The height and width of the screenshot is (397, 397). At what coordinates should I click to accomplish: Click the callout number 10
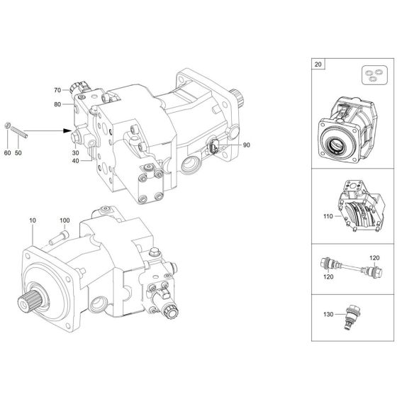pyautogui.click(x=33, y=221)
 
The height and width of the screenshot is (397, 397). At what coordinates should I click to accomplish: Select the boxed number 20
pyautogui.click(x=316, y=63)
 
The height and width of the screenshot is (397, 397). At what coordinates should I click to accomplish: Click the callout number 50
pyautogui.click(x=19, y=153)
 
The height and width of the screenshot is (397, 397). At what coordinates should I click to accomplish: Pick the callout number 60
pyautogui.click(x=7, y=153)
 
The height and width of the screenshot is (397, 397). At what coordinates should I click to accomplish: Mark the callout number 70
pyautogui.click(x=57, y=90)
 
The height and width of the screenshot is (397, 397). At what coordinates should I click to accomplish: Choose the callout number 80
pyautogui.click(x=57, y=105)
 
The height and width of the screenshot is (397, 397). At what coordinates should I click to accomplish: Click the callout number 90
pyautogui.click(x=246, y=145)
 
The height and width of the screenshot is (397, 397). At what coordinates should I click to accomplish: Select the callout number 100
pyautogui.click(x=65, y=221)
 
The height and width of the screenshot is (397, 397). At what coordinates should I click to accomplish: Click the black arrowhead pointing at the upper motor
pyautogui.click(x=68, y=130)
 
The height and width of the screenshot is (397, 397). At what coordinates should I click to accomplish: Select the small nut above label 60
pyautogui.click(x=8, y=126)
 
